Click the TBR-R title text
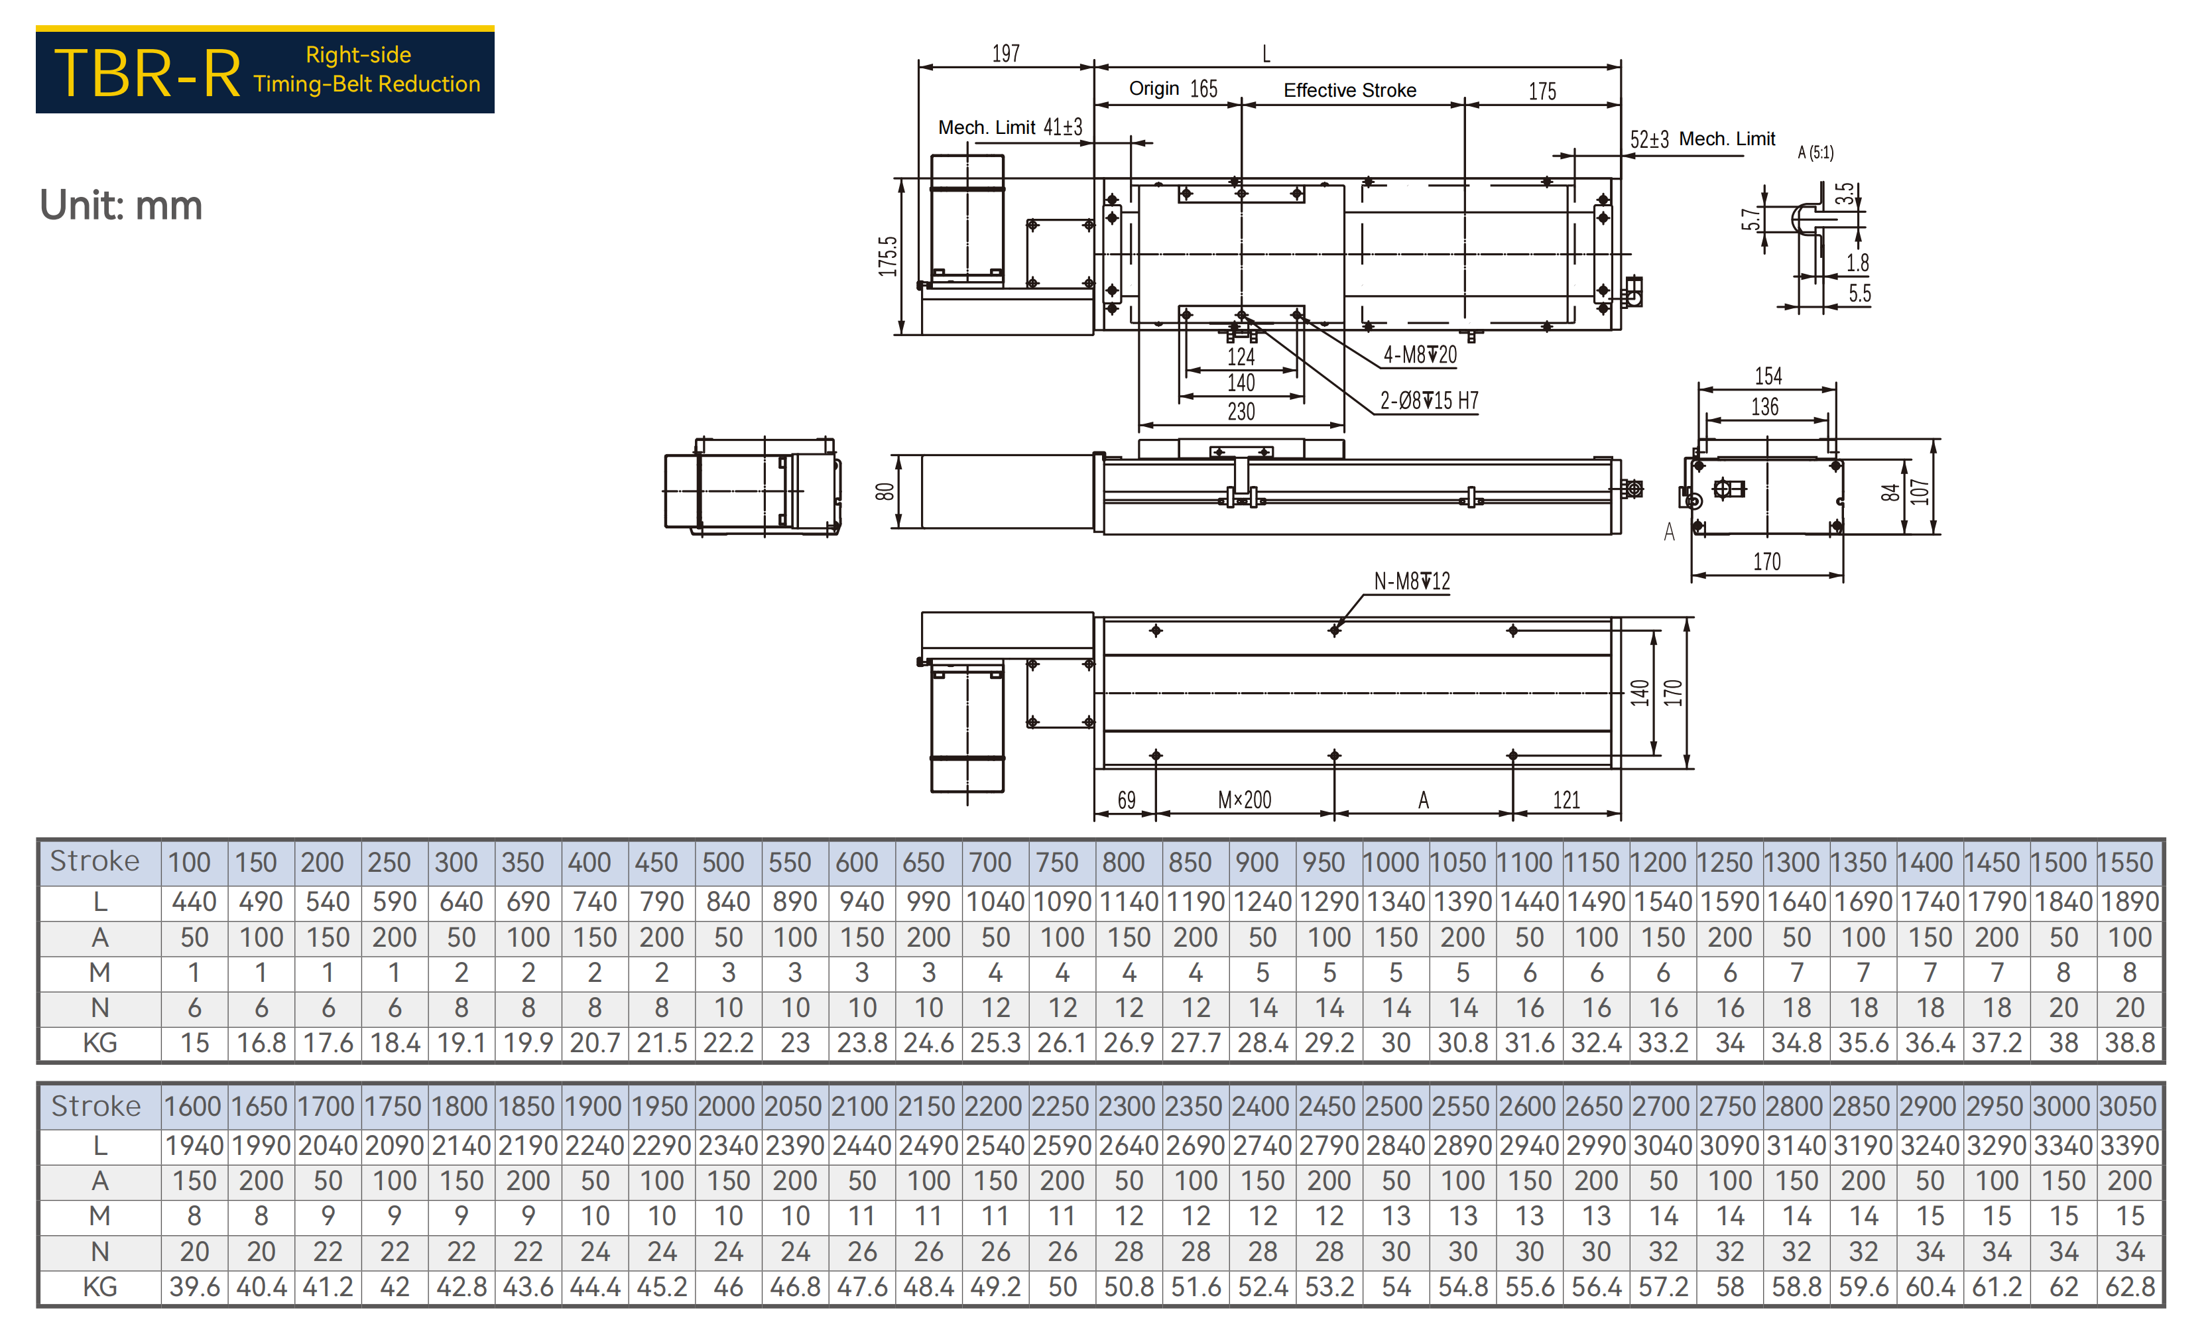pos(147,72)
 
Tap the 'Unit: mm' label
pos(121,206)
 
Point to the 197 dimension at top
pos(1006,54)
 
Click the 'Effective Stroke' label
pos(1350,90)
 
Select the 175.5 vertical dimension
pos(887,257)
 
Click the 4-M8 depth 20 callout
pos(1420,355)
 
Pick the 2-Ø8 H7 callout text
pos(1430,400)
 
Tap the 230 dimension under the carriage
pos(1241,412)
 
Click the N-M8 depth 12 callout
pos(1412,581)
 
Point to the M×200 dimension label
pos(1245,800)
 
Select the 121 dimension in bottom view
pos(1566,800)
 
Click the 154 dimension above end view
pos(1768,376)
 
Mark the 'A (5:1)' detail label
pos(1815,152)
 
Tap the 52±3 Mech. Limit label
pos(1702,139)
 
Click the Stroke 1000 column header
pos(1396,863)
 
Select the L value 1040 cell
pos(995,902)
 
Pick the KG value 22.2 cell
pos(728,1043)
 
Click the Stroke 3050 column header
pos(2129,1106)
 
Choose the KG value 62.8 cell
pos(2129,1287)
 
